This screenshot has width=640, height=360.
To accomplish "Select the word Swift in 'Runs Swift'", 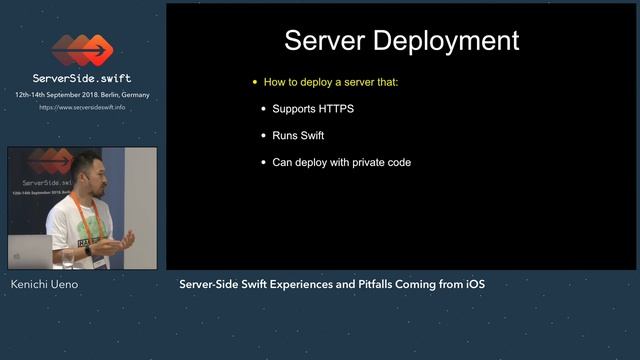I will [313, 135].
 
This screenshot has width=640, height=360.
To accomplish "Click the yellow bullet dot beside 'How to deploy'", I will [255, 82].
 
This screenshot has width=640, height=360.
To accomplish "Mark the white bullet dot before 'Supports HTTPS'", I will [264, 108].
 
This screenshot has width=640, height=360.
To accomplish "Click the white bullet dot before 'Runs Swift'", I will [264, 135].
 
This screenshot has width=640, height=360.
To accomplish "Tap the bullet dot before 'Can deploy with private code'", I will [264, 162].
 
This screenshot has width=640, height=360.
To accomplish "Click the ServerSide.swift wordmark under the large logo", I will [82, 78].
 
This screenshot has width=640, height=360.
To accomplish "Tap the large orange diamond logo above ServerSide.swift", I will [81, 49].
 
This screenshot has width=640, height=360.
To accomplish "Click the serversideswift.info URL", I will [82, 107].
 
